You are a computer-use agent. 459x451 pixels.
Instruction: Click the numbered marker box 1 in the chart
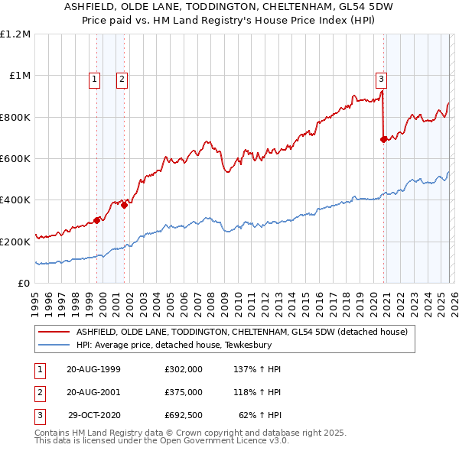pyautogui.click(x=94, y=77)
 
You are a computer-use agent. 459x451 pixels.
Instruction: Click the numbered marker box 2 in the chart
pyautogui.click(x=122, y=77)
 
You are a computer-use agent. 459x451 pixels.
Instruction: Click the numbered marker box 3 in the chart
pyautogui.click(x=381, y=77)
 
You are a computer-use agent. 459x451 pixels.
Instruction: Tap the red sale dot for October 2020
pyautogui.click(x=383, y=139)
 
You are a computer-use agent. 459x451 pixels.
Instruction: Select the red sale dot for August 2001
pyautogui.click(x=124, y=205)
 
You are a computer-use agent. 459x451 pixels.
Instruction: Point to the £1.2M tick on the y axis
pyautogui.click(x=15, y=34)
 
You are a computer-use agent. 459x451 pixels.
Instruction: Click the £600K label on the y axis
pyautogui.click(x=15, y=159)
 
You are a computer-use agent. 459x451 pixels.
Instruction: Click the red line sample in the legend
pyautogui.click(x=54, y=332)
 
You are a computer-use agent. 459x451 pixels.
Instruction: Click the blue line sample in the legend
pyautogui.click(x=54, y=345)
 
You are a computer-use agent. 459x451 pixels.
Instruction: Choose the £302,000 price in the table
pyautogui.click(x=184, y=369)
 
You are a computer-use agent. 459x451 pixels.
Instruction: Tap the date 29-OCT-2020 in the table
pyautogui.click(x=94, y=417)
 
